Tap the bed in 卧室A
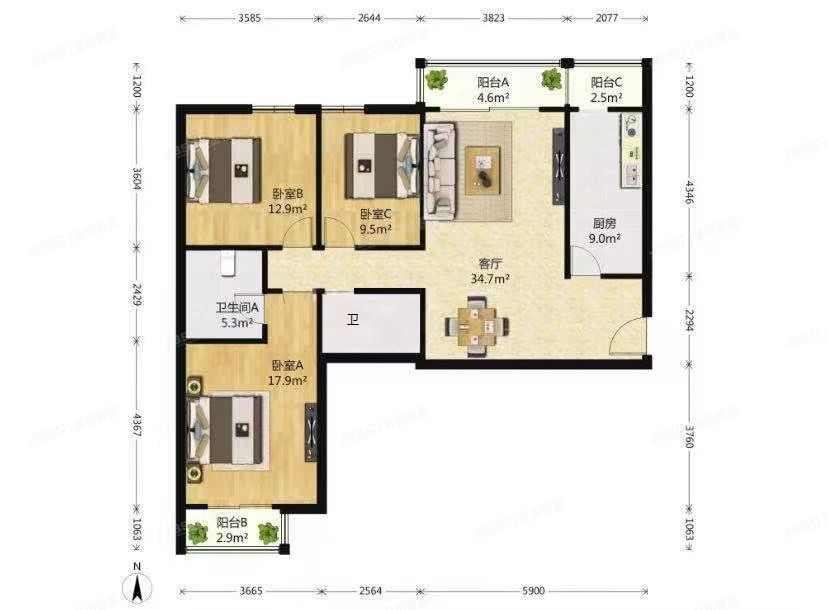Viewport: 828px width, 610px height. pyautogui.click(x=235, y=430)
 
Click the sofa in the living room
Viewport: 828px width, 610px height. pyautogui.click(x=438, y=169)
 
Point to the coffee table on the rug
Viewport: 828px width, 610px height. pyautogui.click(x=485, y=166)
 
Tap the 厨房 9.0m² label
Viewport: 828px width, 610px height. pyautogui.click(x=604, y=232)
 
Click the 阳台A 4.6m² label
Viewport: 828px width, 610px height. pyautogui.click(x=493, y=90)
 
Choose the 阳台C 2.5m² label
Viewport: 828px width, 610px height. pyautogui.click(x=606, y=90)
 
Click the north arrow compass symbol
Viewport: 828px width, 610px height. pyautogui.click(x=140, y=585)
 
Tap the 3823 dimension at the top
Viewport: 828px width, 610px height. pyautogui.click(x=492, y=17)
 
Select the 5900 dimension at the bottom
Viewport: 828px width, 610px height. pyautogui.click(x=531, y=592)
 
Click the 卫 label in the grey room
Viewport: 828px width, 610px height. pyautogui.click(x=352, y=321)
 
